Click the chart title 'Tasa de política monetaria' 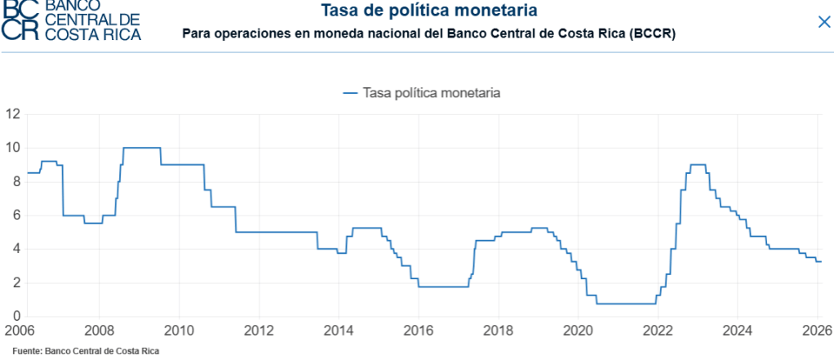click(x=428, y=11)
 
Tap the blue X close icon click(x=823, y=22)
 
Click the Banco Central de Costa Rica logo click(x=71, y=20)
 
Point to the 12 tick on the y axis click(x=12, y=113)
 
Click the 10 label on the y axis click(x=12, y=148)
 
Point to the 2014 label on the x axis click(x=338, y=331)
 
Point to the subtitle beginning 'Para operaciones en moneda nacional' click(x=428, y=34)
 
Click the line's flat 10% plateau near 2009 click(x=141, y=148)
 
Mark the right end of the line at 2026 click(x=821, y=261)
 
